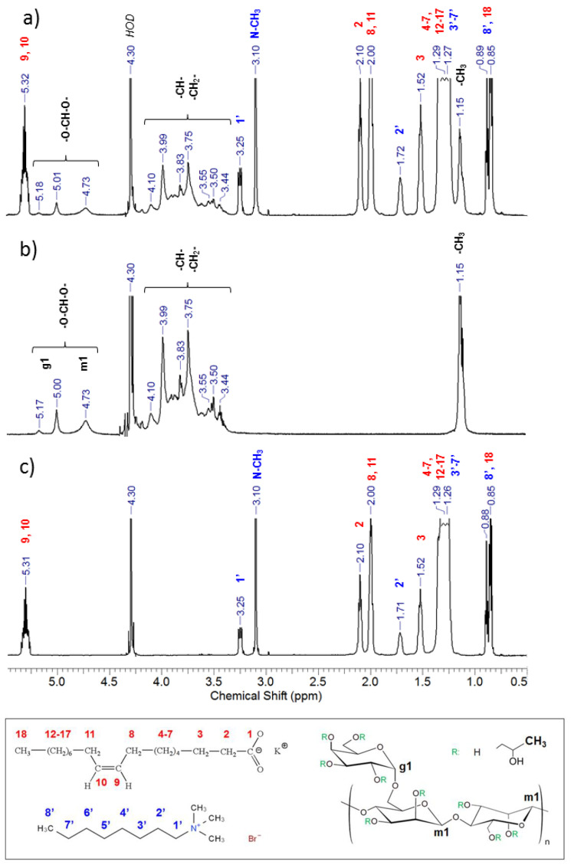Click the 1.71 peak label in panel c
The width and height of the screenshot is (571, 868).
(400, 617)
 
